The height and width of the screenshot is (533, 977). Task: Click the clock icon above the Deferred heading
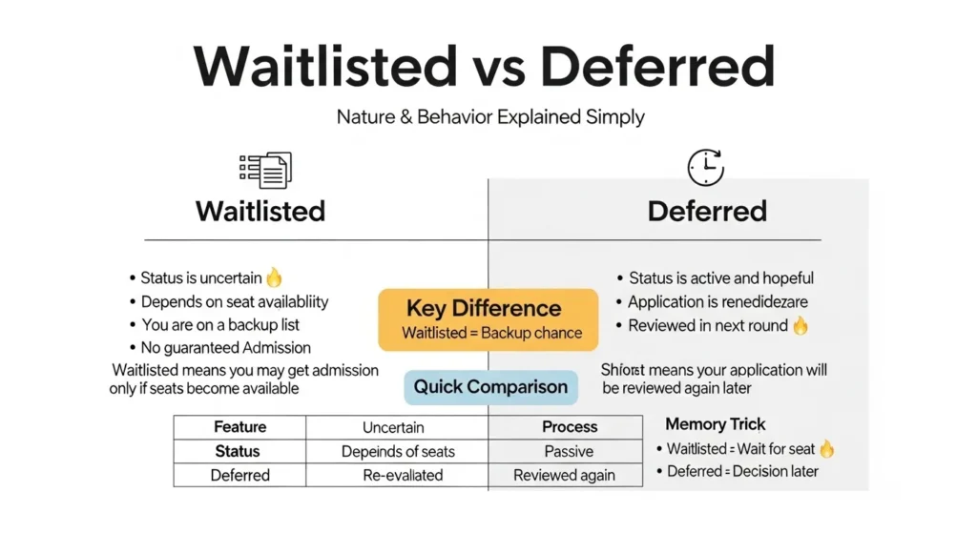tap(706, 168)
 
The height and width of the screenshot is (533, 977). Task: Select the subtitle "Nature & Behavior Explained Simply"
tap(490, 118)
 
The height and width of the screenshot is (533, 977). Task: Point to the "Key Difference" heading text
tap(484, 309)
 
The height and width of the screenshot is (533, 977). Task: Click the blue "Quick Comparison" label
tap(490, 387)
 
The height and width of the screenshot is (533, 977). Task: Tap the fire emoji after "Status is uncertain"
tap(275, 277)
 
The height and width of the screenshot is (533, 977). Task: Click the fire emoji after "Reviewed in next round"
tap(800, 326)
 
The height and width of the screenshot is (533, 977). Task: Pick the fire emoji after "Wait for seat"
tap(826, 449)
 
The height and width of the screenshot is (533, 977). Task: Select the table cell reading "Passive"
tap(569, 451)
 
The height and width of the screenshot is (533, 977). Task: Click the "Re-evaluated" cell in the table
tap(398, 475)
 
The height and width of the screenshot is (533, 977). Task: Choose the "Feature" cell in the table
tap(239, 427)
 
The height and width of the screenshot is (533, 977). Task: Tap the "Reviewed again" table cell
tap(564, 475)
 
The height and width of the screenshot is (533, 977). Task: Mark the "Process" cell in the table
tap(569, 427)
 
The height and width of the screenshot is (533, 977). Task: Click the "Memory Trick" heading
tap(716, 425)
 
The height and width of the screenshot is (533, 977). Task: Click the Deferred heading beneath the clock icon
tap(707, 211)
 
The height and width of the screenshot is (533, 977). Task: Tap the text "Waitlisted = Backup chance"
tap(491, 333)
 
